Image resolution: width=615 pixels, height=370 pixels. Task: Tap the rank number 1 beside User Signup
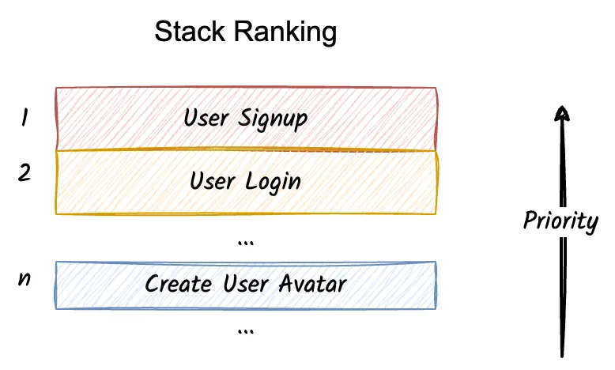pyautogui.click(x=25, y=118)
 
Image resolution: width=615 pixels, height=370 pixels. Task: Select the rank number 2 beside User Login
pyautogui.click(x=25, y=172)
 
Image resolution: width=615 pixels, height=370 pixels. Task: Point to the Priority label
pyautogui.click(x=560, y=221)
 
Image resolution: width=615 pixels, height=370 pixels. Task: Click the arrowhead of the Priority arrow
pyautogui.click(x=560, y=113)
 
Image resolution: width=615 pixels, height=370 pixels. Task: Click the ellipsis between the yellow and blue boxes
pyautogui.click(x=245, y=242)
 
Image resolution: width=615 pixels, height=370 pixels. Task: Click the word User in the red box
pyautogui.click(x=207, y=119)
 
